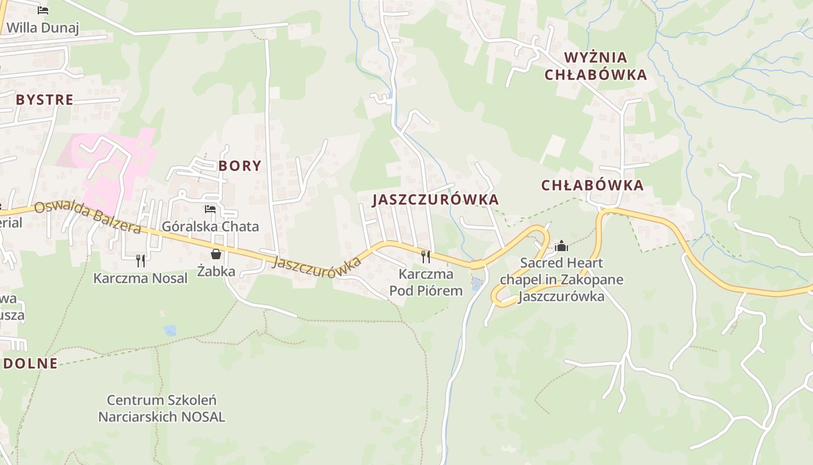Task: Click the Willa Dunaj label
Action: (x=42, y=28)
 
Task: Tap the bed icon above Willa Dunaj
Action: (x=42, y=10)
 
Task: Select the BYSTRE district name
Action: (x=45, y=99)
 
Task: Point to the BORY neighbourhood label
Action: (x=240, y=166)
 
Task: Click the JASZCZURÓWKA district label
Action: (x=436, y=199)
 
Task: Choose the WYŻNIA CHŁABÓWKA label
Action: (x=596, y=66)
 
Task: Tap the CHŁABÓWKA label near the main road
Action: (x=592, y=185)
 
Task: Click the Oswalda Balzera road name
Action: (x=87, y=217)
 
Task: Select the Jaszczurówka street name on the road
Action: (x=316, y=267)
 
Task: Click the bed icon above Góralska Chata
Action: (x=210, y=209)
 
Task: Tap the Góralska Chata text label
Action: (x=210, y=226)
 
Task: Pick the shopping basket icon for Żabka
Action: (x=216, y=254)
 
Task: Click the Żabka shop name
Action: (x=216, y=271)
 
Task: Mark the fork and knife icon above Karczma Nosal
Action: (x=140, y=260)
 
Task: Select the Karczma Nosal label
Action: (x=141, y=278)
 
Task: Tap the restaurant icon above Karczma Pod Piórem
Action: (x=426, y=256)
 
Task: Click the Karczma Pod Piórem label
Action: (x=426, y=282)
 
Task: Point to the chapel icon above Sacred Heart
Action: (x=561, y=246)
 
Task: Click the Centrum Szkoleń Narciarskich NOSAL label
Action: (x=161, y=409)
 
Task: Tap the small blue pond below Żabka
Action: (x=170, y=331)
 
